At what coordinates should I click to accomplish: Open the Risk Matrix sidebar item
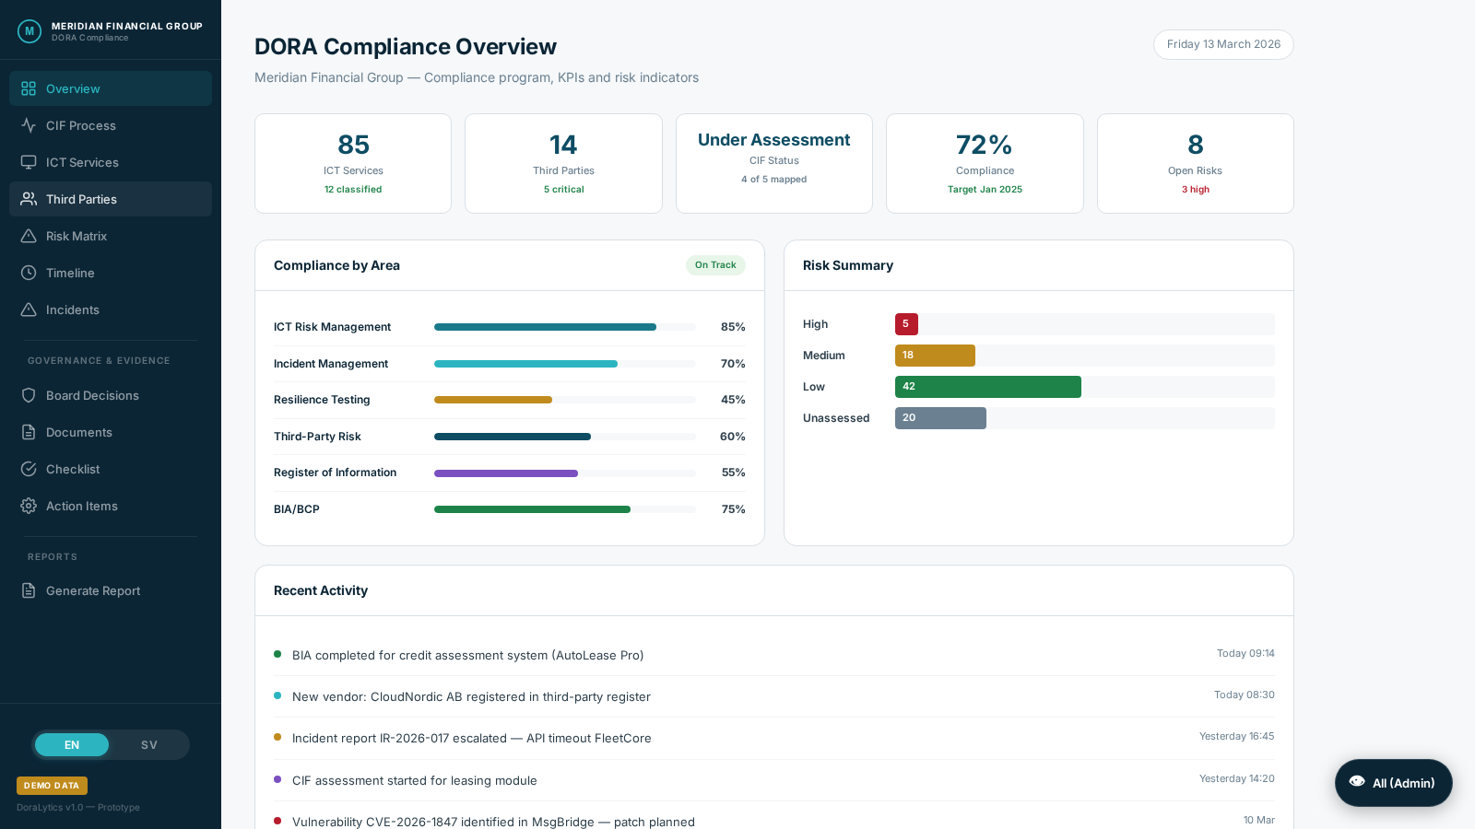pos(77,236)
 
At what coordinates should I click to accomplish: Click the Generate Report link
pos(92,590)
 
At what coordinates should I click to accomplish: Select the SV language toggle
pos(148,745)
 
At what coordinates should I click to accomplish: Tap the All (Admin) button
pos(1393,783)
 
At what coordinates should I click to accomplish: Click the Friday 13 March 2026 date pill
pos(1222,44)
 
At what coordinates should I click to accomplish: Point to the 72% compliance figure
pos(984,145)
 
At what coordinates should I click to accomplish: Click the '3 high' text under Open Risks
pos(1195,190)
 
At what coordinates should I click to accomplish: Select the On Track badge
pos(715,265)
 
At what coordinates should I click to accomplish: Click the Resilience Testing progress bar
pos(493,400)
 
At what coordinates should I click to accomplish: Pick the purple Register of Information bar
pos(506,473)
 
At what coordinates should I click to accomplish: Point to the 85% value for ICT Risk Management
pos(733,327)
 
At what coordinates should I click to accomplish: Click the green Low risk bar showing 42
pos(987,387)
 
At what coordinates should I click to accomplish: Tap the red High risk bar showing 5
pos(906,324)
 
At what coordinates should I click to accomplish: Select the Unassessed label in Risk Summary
pos(835,418)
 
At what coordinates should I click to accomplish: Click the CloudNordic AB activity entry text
pos(471,696)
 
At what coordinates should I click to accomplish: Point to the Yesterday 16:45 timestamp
pos(1236,736)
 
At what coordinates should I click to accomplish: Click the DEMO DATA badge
pos(52,786)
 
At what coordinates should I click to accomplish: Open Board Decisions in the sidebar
pos(92,395)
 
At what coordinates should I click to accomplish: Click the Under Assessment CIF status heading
pos(773,140)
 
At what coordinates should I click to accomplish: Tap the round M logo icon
pos(29,31)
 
